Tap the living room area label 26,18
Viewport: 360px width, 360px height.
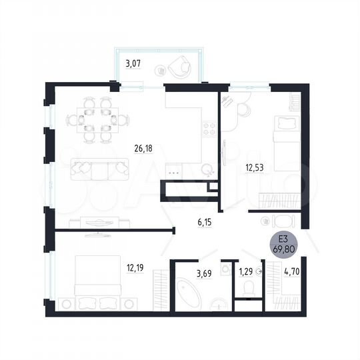(144, 149)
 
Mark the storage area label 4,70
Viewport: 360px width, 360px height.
(292, 271)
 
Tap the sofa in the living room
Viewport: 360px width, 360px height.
(99, 169)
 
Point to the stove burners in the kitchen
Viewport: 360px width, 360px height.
(209, 126)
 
